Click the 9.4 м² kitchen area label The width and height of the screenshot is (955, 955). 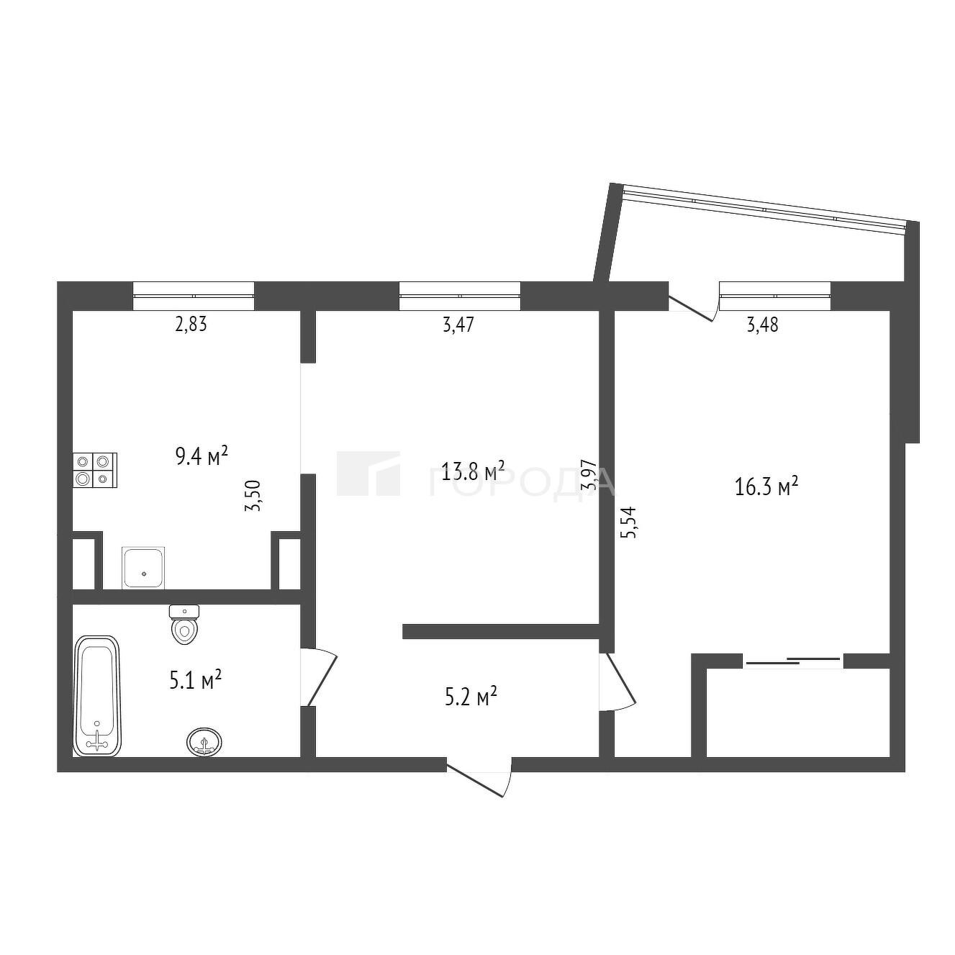202,456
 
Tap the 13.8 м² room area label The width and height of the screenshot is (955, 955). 473,471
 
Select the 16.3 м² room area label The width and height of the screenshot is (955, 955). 766,486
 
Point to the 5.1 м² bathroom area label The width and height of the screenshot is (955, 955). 195,679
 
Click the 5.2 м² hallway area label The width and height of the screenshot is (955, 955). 471,697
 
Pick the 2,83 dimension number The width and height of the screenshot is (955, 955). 190,325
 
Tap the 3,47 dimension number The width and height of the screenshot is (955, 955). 458,325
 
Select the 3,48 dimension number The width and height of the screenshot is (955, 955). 762,325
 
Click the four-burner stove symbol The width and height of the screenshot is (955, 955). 95,471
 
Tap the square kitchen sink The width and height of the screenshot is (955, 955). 143,568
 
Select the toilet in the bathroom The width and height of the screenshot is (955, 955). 184,624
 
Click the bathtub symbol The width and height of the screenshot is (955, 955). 97,697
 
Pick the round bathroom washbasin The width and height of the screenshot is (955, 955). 204,742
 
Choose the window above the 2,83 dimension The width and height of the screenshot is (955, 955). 194,297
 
